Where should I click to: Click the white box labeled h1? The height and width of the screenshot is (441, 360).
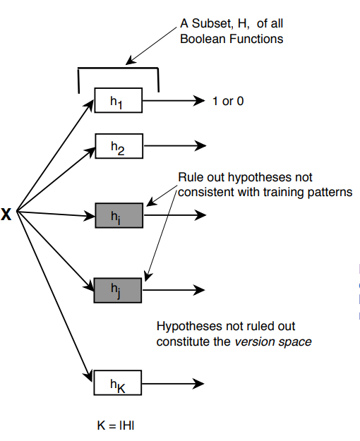click(x=119, y=102)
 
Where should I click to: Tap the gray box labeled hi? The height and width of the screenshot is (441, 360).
click(x=119, y=215)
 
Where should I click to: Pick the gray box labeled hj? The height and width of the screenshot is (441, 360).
click(x=119, y=289)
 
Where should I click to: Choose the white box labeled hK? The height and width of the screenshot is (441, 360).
click(x=119, y=384)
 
